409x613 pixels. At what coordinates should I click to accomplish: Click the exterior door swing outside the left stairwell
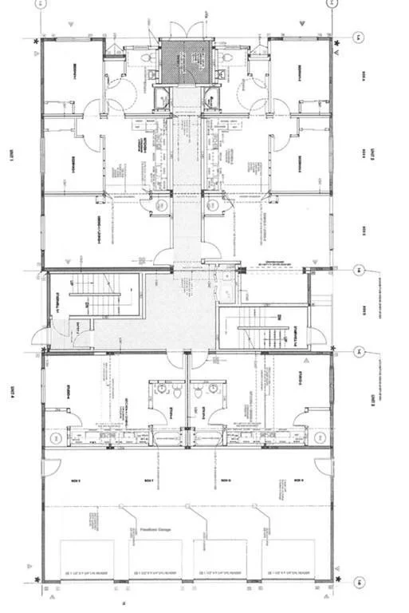[x=39, y=339]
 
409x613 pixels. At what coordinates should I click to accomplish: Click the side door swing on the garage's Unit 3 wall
[x=324, y=467]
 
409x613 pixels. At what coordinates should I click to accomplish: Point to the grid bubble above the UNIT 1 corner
[x=37, y=4]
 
